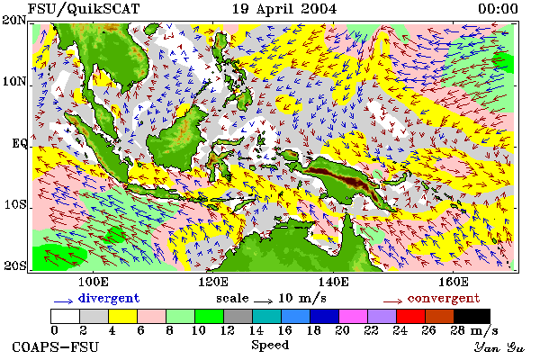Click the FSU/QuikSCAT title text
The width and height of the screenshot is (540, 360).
[84, 9]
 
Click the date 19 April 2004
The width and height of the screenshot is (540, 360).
[284, 9]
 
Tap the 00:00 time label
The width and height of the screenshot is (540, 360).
[498, 9]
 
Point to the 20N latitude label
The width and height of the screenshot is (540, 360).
[14, 20]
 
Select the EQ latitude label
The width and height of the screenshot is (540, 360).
[19, 143]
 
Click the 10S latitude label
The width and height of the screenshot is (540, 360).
[15, 204]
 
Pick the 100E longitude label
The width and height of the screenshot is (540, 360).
[94, 282]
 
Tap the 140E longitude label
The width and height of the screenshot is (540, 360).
[333, 282]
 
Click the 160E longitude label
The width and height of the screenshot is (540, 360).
[454, 282]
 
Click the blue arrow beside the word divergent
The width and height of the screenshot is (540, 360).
[63, 301]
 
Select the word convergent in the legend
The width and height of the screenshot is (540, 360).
[444, 298]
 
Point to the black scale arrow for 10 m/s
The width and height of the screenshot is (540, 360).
[264, 301]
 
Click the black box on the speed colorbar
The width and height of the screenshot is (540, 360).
[472, 316]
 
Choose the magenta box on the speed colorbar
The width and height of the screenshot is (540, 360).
[354, 316]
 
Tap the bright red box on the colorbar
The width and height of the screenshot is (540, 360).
[411, 316]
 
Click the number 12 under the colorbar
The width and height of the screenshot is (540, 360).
[228, 330]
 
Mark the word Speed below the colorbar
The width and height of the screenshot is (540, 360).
[270, 346]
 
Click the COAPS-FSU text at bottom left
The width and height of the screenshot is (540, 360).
[56, 346]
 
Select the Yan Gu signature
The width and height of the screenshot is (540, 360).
[499, 347]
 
